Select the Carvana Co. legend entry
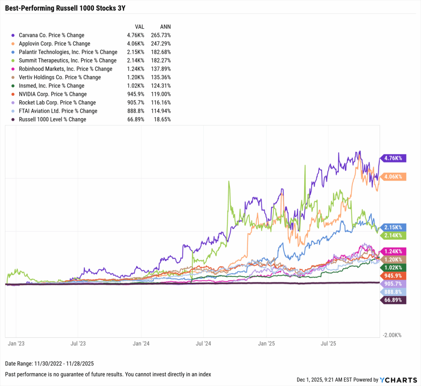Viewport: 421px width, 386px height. click(51, 35)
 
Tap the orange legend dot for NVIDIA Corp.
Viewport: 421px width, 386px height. click(14, 94)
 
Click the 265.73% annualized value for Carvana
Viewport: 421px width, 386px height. click(161, 35)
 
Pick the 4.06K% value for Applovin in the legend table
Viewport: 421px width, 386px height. click(136, 44)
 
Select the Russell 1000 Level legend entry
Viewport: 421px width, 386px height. click(52, 119)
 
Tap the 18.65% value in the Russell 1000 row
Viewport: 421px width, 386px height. click(162, 119)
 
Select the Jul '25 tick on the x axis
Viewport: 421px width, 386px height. click(328, 343)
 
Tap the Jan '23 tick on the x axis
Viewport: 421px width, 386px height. click(16, 343)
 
